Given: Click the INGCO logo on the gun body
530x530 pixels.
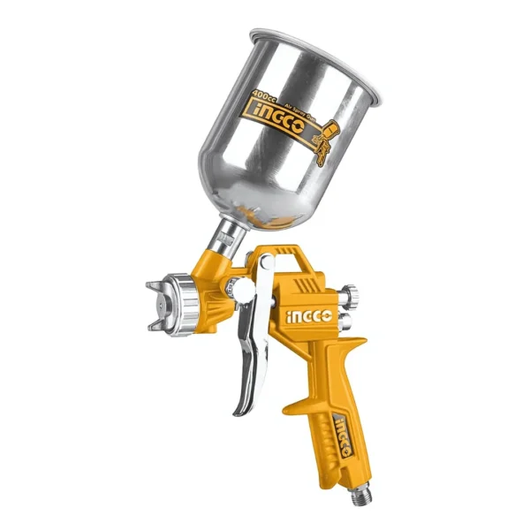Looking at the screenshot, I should click(x=307, y=314).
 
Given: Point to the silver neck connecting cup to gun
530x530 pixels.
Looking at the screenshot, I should click(x=229, y=236).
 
